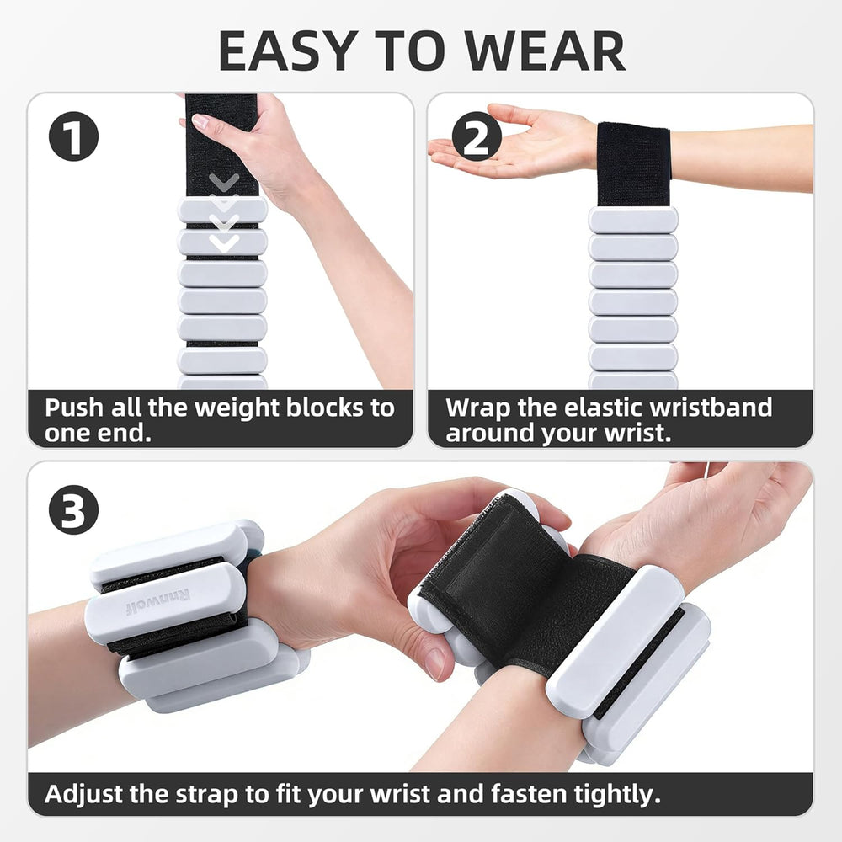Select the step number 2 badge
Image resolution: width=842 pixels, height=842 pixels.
[477, 138]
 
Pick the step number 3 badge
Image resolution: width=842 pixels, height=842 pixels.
[73, 509]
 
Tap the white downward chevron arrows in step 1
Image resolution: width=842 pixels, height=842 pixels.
[224, 214]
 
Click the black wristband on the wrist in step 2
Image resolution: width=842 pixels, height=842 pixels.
[633, 165]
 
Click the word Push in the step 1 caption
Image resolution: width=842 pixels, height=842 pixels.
[74, 408]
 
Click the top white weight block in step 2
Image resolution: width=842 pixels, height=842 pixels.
[633, 221]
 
